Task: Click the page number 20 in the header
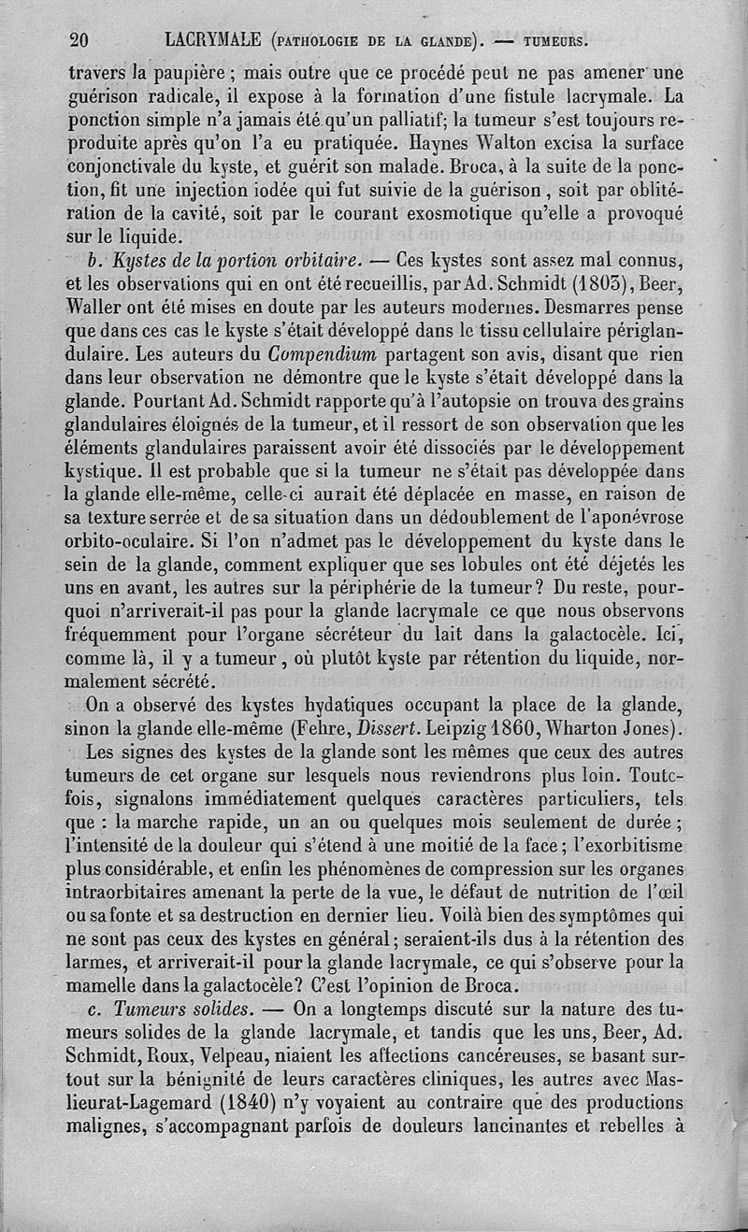click(x=79, y=39)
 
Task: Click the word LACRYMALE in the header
click(x=211, y=39)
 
